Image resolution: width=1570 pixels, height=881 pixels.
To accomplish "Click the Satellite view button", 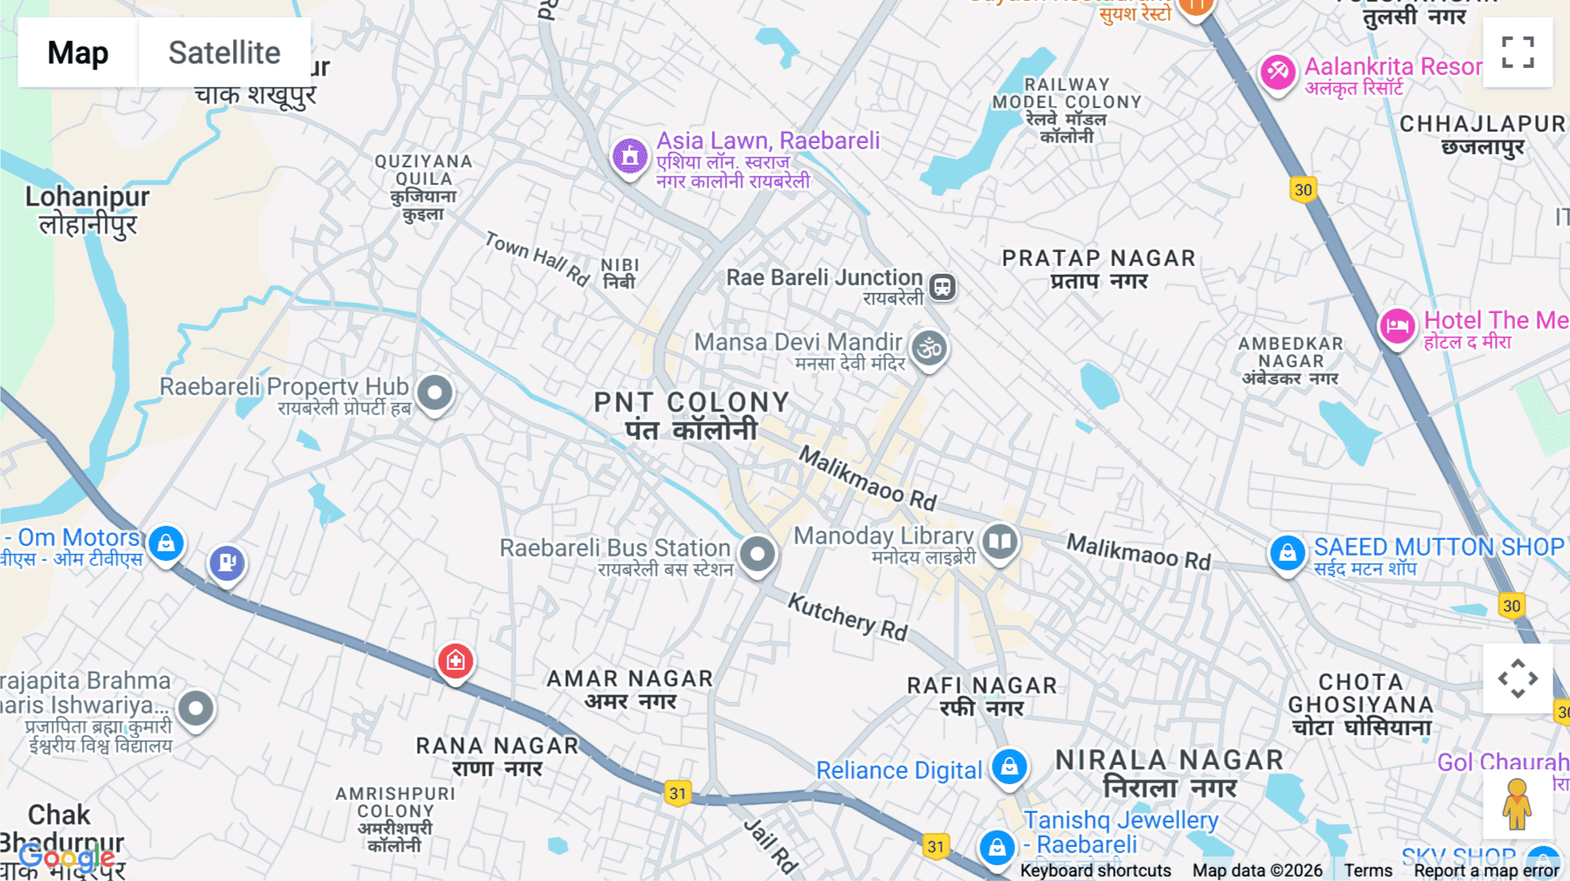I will coord(224,52).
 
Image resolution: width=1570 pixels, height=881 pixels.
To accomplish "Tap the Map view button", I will coord(78,52).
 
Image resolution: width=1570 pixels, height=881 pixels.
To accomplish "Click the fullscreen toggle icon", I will coord(1518,52).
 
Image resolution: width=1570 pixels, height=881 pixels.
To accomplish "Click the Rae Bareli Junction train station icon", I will coord(942,286).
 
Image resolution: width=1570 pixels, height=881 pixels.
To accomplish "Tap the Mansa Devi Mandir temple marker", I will coord(929,348).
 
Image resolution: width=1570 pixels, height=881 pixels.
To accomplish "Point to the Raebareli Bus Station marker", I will coord(757,553).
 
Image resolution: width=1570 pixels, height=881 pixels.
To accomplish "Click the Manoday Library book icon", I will coord(1000,542).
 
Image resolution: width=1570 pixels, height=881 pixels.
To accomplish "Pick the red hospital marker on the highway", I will coord(455,661).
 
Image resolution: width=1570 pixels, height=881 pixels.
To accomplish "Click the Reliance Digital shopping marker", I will coord(1009,767).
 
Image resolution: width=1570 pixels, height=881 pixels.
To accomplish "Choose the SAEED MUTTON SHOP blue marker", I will coord(1287,552).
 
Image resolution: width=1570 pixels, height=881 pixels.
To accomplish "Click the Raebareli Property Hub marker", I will coord(434,393).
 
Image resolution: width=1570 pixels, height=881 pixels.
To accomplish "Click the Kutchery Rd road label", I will coord(848,617).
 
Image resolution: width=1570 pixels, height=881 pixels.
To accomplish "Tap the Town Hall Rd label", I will coord(537,258).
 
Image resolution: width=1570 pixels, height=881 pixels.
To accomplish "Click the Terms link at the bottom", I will coord(1368,870).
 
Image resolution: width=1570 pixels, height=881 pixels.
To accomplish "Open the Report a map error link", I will coord(1486,870).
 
